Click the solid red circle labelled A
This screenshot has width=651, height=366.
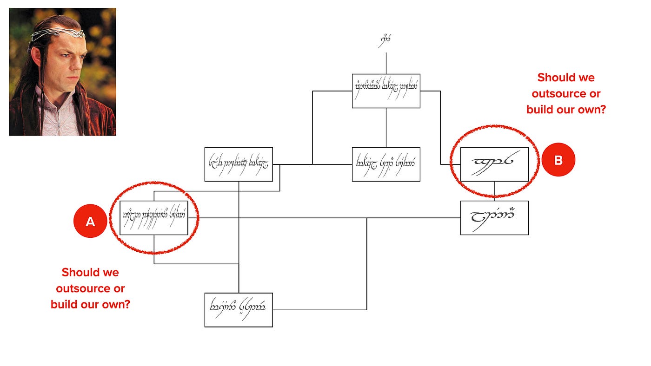(x=90, y=222)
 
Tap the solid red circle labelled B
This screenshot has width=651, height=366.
(x=558, y=160)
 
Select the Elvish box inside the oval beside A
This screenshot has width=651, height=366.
(x=154, y=218)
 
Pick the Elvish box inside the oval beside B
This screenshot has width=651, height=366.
(x=494, y=164)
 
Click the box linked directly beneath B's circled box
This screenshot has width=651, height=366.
(x=494, y=218)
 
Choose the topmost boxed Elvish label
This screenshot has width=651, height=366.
(x=386, y=91)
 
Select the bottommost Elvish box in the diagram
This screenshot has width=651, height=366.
(x=239, y=310)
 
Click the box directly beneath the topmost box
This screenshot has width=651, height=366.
(x=386, y=164)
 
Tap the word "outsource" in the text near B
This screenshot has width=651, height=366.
(x=566, y=94)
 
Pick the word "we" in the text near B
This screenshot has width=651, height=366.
(x=585, y=78)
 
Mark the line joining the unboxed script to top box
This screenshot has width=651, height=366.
(x=386, y=63)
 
